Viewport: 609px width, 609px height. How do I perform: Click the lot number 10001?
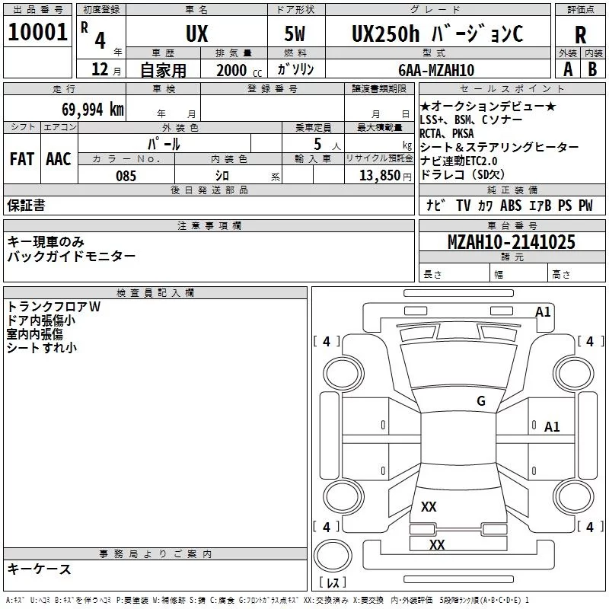(37, 32)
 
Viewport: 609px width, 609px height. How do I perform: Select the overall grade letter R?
(580, 34)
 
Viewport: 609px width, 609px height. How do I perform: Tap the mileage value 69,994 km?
(93, 110)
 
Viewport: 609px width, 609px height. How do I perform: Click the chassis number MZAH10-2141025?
(511, 241)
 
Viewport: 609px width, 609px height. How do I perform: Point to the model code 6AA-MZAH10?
(436, 70)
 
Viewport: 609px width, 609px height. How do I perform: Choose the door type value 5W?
(295, 33)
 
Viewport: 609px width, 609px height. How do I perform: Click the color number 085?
(126, 176)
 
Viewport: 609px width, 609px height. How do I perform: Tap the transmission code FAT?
(22, 159)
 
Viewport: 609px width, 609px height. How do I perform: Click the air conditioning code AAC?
(59, 159)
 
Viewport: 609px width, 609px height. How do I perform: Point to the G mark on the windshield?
(481, 401)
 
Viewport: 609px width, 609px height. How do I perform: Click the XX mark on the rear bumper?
(437, 544)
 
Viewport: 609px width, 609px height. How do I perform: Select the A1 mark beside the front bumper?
(543, 312)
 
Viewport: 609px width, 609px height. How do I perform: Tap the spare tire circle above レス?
(333, 555)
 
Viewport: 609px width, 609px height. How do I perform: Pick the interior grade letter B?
(592, 69)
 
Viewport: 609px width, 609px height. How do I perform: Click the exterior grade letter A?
(568, 69)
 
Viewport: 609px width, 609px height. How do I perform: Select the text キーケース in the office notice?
(40, 569)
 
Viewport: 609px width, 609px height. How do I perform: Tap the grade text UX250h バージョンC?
(437, 33)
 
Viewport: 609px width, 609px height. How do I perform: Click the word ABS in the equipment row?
(511, 205)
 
